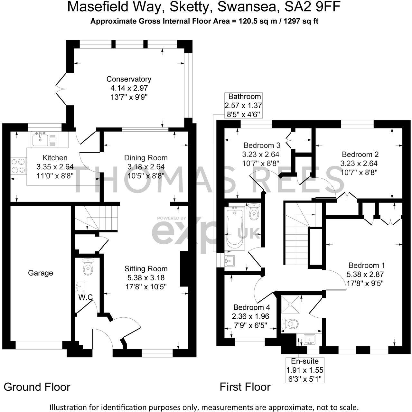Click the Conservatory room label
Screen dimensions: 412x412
point(129,79)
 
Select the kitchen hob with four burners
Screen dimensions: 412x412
point(18,166)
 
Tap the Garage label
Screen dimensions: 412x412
point(41,273)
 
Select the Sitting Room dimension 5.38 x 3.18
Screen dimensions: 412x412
point(146,277)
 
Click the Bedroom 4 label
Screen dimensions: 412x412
point(252,307)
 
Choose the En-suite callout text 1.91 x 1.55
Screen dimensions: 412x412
point(305,370)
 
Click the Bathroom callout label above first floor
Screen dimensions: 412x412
point(244,97)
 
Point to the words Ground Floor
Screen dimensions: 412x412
point(37,387)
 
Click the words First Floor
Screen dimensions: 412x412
point(245,387)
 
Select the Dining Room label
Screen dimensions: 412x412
point(146,158)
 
